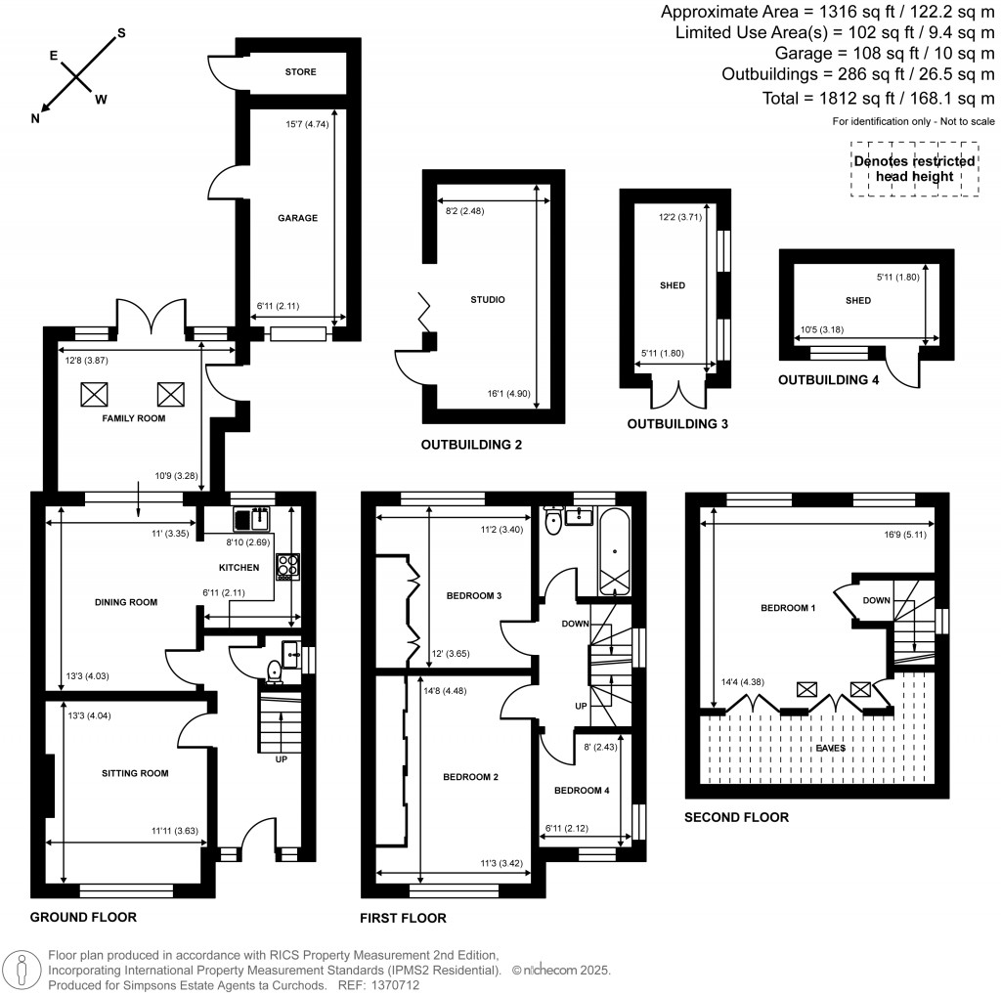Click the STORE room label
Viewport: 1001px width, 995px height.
click(x=300, y=71)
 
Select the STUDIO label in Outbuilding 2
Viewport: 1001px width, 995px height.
click(x=487, y=299)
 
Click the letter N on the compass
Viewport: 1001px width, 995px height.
click(x=36, y=119)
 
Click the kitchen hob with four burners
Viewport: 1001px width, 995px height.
click(x=289, y=564)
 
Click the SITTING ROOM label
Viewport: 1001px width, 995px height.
click(x=135, y=773)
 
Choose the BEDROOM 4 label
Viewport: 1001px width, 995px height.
click(x=582, y=791)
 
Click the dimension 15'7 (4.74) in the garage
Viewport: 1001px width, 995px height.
click(x=307, y=124)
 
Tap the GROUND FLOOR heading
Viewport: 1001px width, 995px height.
click(x=83, y=917)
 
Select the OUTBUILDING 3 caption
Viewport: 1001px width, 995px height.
click(x=677, y=424)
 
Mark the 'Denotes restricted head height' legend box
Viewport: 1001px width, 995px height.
click(x=914, y=168)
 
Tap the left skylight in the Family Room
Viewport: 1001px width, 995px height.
click(x=95, y=394)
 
